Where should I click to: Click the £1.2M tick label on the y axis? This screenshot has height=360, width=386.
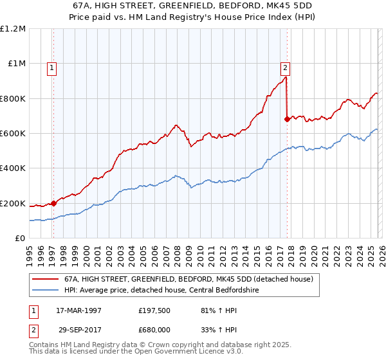pos(14,29)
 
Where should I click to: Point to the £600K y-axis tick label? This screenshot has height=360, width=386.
pos(14,134)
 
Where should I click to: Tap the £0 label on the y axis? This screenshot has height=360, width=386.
pos(21,239)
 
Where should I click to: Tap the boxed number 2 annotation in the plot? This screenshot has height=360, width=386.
pos(285,66)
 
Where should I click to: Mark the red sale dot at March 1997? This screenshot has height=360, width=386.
pos(54,204)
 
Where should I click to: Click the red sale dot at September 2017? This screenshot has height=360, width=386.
pos(287,119)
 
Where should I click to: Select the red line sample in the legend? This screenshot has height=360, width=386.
pos(44,279)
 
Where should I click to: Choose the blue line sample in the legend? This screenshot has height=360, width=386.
pos(44,289)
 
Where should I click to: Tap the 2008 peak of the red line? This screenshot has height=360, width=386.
pos(175,125)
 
